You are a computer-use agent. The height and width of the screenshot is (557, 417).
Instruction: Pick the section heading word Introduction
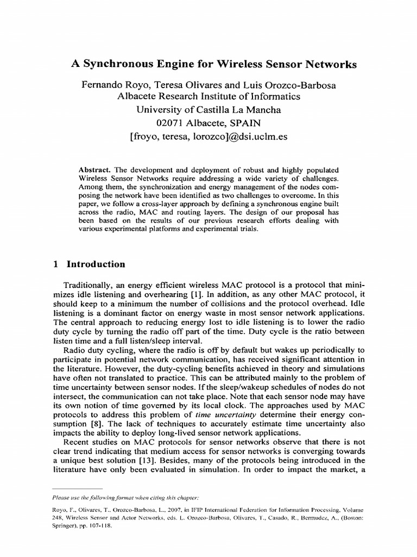pyautogui.click(x=96, y=264)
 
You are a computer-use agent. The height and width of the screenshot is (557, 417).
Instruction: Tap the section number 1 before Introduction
pyautogui.click(x=56, y=264)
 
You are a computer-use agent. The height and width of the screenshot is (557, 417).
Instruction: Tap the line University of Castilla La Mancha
pyautogui.click(x=209, y=110)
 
